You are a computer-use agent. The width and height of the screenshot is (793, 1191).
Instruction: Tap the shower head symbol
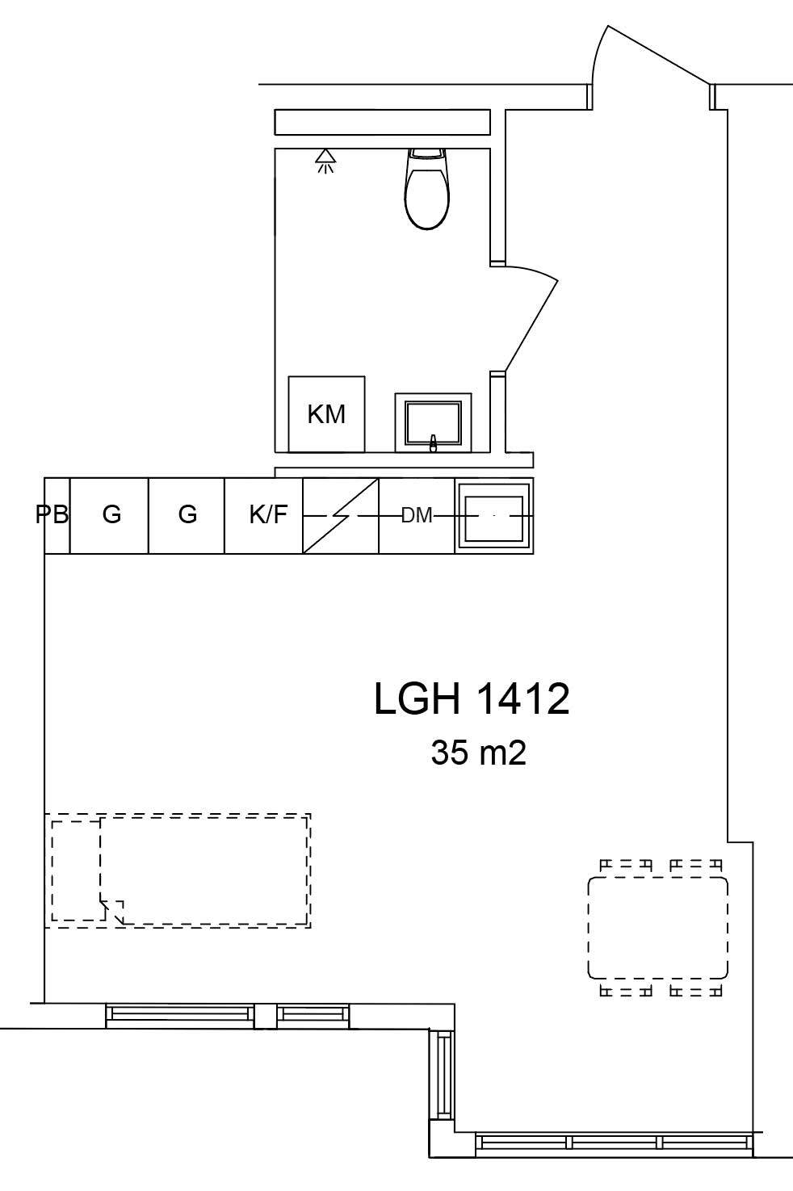tap(325, 161)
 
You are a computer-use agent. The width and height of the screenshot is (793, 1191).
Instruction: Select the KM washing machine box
tap(326, 413)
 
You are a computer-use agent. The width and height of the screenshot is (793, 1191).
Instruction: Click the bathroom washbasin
tap(433, 422)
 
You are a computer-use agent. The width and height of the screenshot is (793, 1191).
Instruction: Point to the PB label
tap(53, 514)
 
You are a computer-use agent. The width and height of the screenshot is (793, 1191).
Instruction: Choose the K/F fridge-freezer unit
tap(267, 514)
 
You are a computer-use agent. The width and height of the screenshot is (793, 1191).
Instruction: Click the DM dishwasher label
tap(417, 515)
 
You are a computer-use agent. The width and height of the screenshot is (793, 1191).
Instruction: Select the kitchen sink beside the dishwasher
tap(493, 515)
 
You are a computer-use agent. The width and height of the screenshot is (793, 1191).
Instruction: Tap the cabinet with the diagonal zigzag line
tap(341, 515)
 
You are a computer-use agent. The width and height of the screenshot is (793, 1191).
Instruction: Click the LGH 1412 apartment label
tap(472, 698)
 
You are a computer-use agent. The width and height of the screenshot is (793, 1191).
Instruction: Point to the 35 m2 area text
tap(478, 753)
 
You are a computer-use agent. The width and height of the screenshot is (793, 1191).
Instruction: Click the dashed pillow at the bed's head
tap(76, 870)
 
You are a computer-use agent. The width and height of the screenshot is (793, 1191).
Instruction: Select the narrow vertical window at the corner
tap(443, 1074)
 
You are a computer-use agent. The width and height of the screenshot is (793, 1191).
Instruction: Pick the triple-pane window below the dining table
tap(615, 1143)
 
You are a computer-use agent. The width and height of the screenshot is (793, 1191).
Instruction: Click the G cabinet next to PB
tap(111, 514)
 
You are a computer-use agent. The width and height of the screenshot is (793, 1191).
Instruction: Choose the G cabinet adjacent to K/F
tap(187, 514)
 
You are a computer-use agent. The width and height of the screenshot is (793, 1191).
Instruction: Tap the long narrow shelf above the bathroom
tap(382, 122)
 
